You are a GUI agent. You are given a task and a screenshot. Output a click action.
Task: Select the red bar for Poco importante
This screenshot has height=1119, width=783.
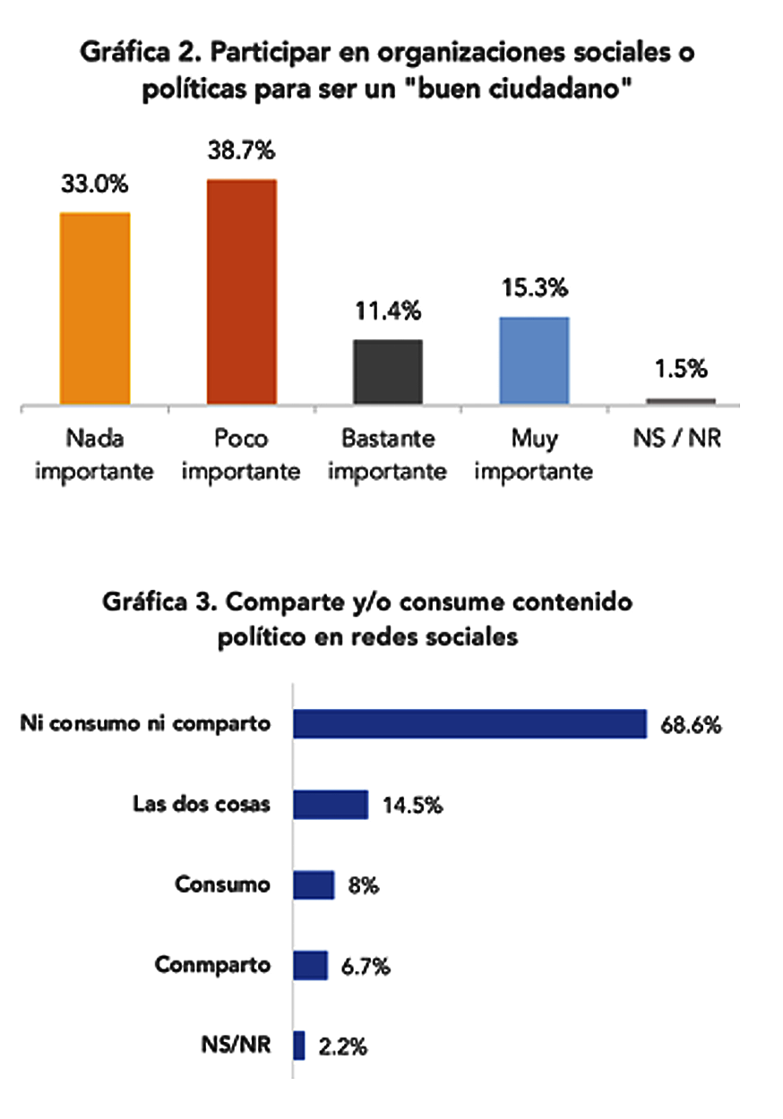coord(242,291)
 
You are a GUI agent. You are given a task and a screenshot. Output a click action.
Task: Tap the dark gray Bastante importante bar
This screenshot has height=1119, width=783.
coord(388,372)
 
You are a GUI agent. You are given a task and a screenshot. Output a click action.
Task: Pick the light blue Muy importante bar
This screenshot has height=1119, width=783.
coord(534,360)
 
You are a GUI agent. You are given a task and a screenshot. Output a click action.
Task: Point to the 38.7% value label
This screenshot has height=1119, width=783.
coord(242,153)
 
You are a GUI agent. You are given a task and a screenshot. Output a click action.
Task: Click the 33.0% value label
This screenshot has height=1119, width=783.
coord(95,186)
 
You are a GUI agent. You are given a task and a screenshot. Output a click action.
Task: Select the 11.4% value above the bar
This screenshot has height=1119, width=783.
coord(388,312)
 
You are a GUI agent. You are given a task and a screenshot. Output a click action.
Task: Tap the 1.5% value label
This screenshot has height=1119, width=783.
coord(680,368)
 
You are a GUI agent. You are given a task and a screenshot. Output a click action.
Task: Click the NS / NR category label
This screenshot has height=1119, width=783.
coord(681,440)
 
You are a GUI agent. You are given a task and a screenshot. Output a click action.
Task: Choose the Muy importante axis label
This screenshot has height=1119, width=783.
coord(534,455)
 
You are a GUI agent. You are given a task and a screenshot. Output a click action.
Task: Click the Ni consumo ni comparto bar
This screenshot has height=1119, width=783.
coord(470,724)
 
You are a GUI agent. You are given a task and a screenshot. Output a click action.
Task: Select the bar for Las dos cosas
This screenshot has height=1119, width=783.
coord(331,804)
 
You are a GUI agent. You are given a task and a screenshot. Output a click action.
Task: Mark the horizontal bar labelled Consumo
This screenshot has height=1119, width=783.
coord(314,885)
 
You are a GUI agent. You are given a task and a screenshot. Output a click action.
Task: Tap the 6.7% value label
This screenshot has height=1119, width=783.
coord(365,966)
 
